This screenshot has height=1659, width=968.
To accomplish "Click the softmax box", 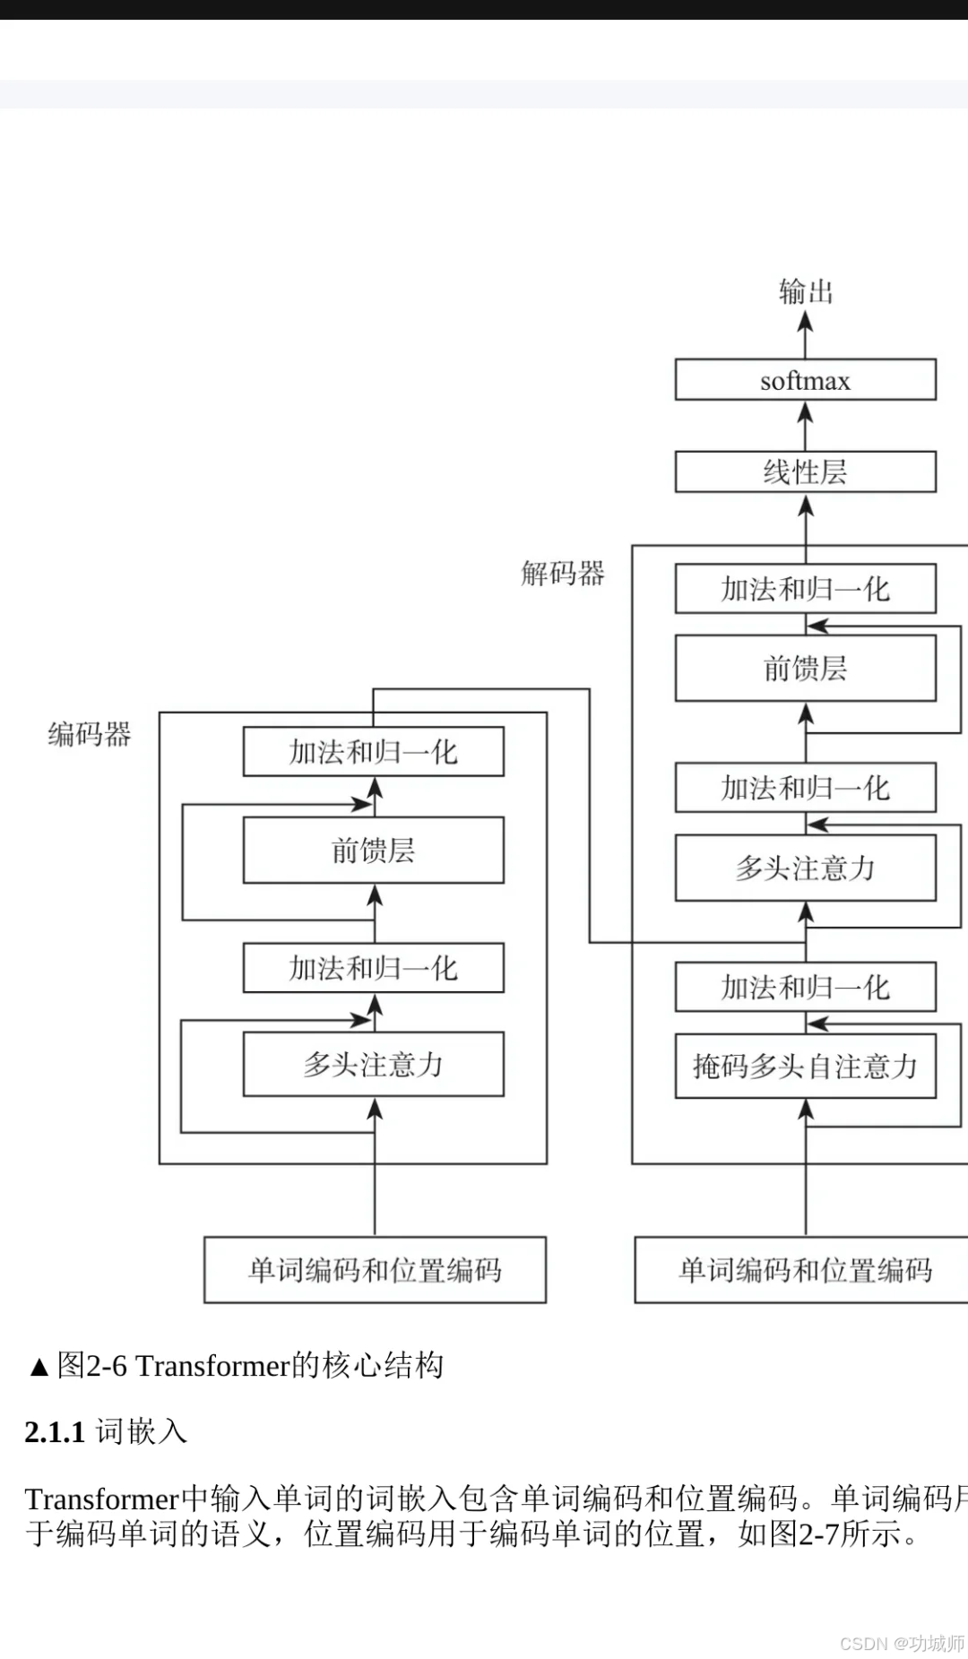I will (805, 380).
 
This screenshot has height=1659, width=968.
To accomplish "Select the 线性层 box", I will (805, 472).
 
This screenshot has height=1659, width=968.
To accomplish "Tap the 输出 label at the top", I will (806, 291).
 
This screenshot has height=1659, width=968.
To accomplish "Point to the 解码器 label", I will (563, 574).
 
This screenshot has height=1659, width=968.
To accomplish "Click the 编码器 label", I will (90, 735).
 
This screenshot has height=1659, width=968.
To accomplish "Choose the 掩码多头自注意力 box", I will (805, 1067).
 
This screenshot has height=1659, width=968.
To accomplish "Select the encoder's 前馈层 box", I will (373, 851).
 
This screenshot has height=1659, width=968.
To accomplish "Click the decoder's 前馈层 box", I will (805, 669).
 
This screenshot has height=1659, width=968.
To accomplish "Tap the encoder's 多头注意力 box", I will (373, 1065).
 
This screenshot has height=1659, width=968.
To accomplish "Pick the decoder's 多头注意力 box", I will (805, 868).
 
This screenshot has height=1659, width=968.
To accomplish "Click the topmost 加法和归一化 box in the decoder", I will (805, 589).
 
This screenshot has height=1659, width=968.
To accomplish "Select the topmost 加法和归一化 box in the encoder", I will (373, 752).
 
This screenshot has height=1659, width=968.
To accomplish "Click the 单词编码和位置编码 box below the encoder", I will (375, 1270).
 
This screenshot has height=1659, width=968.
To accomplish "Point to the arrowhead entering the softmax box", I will (806, 412).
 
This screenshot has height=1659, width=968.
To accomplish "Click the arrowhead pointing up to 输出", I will (806, 321).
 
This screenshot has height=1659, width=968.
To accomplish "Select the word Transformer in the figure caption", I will (213, 1366).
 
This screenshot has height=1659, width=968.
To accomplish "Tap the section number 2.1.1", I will (55, 1432).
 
